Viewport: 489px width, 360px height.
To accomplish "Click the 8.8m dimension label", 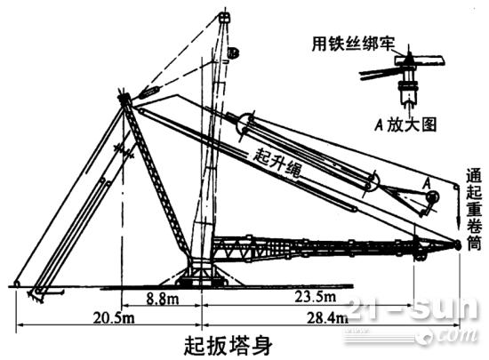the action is (x=163, y=299).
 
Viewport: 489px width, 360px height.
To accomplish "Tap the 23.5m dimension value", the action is (x=316, y=297).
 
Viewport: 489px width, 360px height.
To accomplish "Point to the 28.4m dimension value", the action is (x=328, y=318).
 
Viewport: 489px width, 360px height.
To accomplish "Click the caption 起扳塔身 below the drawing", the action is (x=228, y=345).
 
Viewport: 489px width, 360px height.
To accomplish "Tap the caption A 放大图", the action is (x=405, y=125).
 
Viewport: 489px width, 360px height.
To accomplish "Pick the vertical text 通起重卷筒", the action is (x=474, y=209).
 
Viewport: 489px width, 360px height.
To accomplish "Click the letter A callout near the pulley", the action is (x=427, y=184).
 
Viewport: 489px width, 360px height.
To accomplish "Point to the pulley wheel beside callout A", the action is (x=433, y=197).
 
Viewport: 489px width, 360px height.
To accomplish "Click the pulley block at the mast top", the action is (x=224, y=17).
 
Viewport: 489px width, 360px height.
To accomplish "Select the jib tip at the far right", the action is (x=457, y=244).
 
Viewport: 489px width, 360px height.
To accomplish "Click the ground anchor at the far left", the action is (x=17, y=284).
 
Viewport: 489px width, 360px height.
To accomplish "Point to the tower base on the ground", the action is (x=201, y=276).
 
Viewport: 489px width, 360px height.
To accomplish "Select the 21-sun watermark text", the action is (x=413, y=308).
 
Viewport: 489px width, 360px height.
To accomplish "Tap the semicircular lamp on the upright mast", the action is (x=233, y=52).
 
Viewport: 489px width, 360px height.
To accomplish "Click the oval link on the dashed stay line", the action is (x=149, y=92).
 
